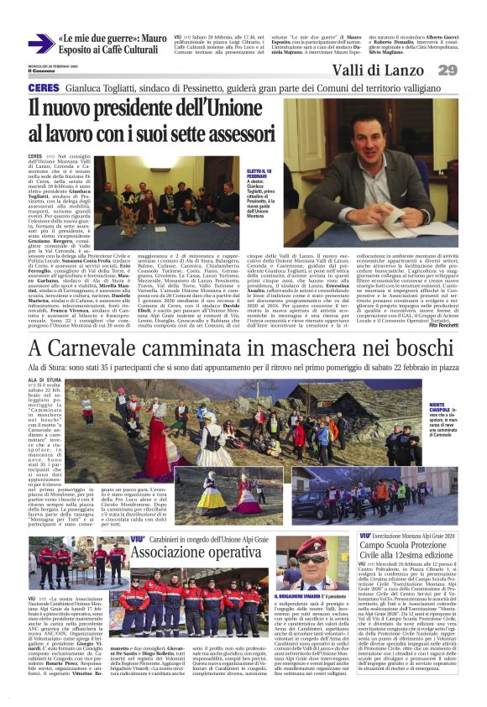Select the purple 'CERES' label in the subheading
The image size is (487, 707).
pos(43,88)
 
